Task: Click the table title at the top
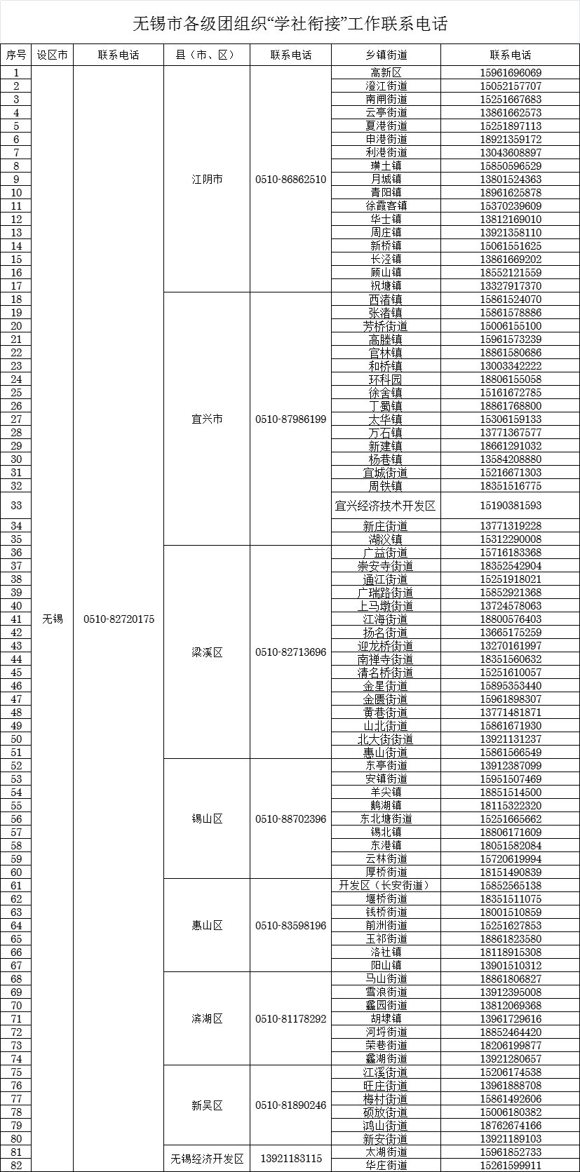coord(290,24)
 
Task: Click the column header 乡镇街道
coord(386,55)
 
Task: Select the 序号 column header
coord(16,55)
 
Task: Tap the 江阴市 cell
coord(207,180)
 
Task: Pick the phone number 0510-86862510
coord(290,180)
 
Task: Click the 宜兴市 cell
coord(207,419)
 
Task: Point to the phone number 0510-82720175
coord(119,619)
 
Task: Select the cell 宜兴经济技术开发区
coord(386,506)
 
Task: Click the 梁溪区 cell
coord(207,652)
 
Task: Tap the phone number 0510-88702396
coord(290,819)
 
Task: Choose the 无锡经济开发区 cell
coord(207,1159)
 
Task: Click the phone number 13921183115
coord(290,1159)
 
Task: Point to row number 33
coord(16,506)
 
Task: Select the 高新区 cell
coord(386,73)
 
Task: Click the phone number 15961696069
coord(511,73)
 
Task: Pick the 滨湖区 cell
coord(207,1018)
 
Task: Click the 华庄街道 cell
coord(386,1165)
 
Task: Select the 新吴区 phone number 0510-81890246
coord(290,1105)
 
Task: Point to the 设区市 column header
coord(53,55)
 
